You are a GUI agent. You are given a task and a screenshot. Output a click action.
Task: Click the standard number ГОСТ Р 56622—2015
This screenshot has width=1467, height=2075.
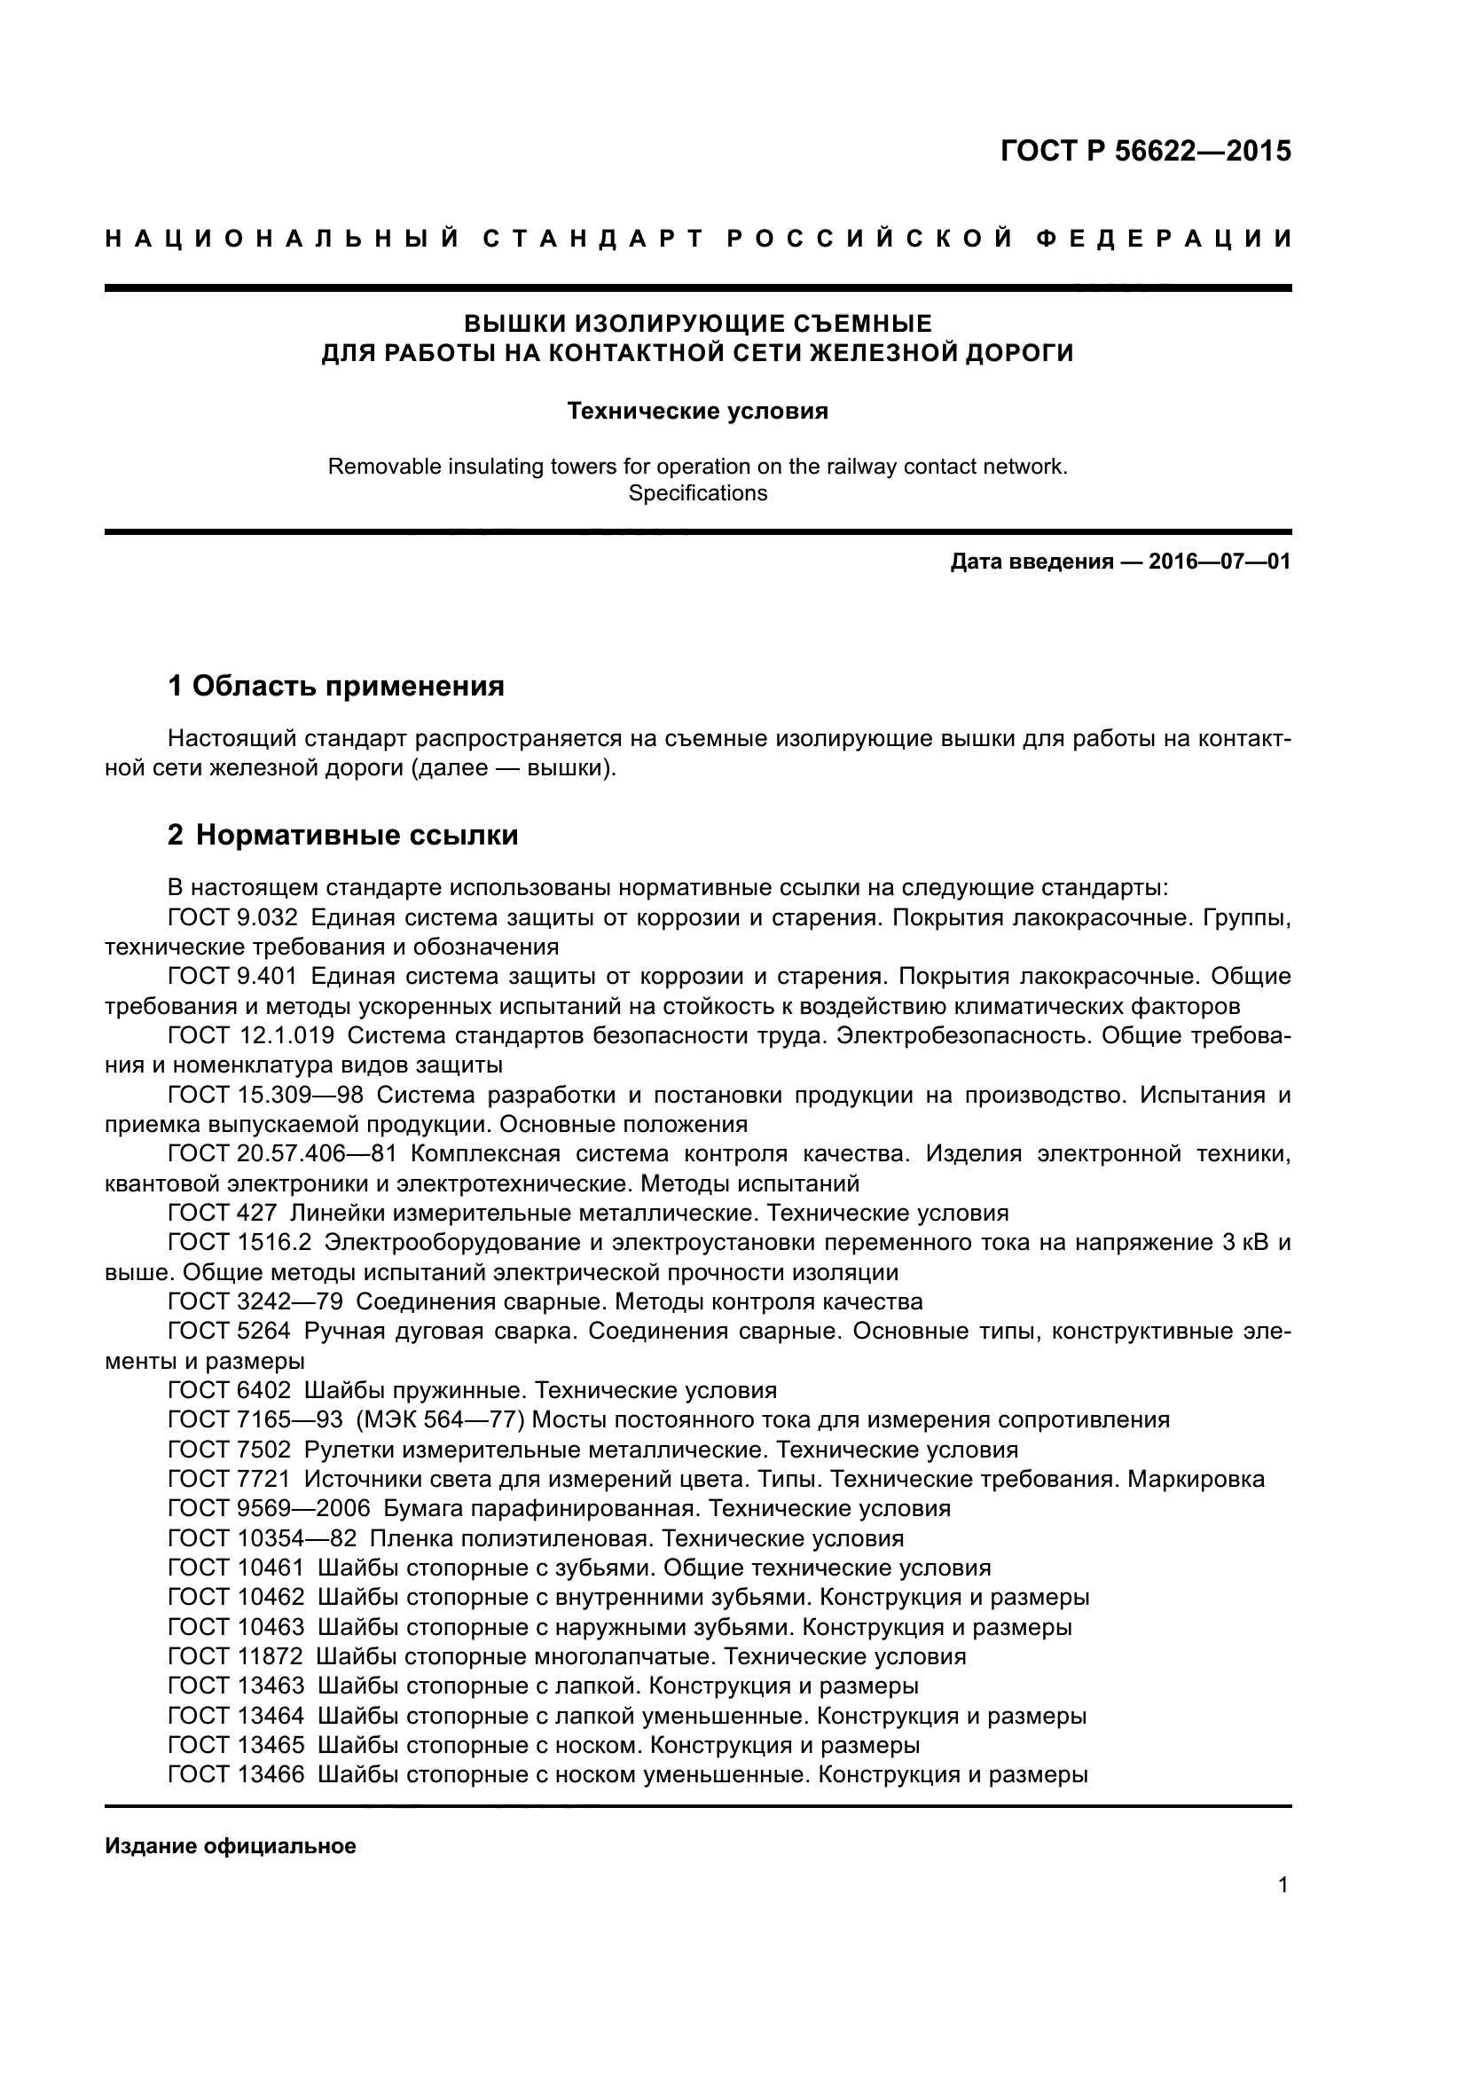pos(1145,151)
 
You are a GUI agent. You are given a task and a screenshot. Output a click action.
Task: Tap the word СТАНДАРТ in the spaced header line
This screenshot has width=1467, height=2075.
pos(592,239)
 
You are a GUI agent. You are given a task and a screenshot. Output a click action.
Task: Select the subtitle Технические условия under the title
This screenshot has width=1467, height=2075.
pos(697,412)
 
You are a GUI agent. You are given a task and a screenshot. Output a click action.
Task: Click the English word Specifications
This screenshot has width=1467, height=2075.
pos(697,493)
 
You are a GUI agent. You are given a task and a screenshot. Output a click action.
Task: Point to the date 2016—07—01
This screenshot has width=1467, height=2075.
pos(1220,562)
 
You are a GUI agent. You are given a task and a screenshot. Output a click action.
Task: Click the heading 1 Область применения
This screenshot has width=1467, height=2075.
pos(335,686)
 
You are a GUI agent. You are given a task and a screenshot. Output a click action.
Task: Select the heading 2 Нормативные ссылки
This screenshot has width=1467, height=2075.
pos(342,835)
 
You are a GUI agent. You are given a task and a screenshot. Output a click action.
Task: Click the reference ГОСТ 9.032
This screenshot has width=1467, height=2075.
pos(232,918)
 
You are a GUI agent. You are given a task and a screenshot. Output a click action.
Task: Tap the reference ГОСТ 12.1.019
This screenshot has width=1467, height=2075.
pos(250,1035)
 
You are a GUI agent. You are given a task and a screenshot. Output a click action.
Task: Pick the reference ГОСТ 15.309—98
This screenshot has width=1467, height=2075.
pos(264,1096)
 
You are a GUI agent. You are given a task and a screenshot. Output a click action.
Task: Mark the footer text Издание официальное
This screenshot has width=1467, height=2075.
pos(231,1846)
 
